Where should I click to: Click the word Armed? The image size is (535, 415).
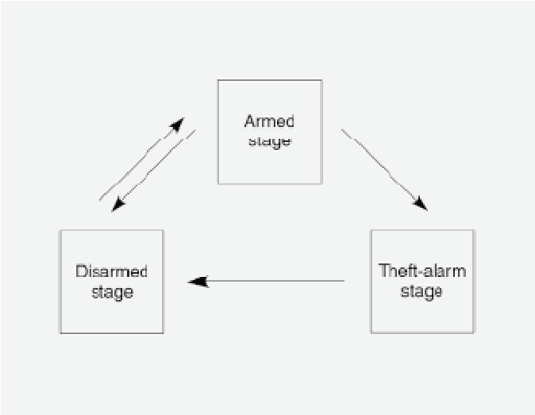point(269,121)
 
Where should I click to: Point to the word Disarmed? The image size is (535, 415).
point(112,271)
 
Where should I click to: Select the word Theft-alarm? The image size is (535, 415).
point(421,271)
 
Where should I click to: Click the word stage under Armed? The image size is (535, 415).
point(269,141)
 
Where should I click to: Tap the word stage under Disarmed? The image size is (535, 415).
point(112,291)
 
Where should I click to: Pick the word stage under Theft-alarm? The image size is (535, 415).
point(421,291)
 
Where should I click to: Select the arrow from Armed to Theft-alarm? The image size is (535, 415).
point(383,168)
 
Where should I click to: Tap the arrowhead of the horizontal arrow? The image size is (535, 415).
point(197,281)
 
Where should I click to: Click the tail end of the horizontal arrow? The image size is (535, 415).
point(343,281)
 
